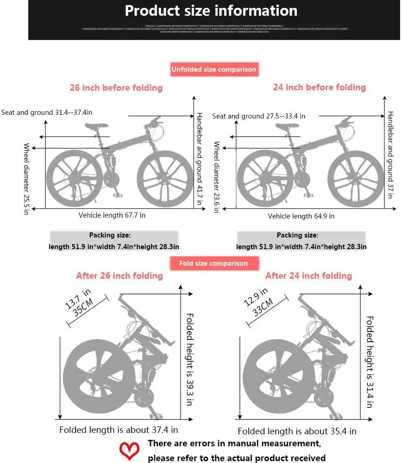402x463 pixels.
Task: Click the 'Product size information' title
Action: tap(211, 11)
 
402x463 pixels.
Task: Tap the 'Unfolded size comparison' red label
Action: tap(214, 69)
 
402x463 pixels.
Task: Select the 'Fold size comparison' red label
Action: tap(214, 263)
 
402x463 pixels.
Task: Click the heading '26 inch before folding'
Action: tap(116, 88)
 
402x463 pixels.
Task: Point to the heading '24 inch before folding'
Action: tap(319, 87)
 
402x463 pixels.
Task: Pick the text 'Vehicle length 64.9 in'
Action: tap(301, 216)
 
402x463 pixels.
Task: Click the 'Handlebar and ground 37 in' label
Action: tap(390, 155)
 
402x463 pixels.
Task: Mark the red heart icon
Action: tap(130, 450)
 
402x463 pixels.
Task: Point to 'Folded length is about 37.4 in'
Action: tap(119, 430)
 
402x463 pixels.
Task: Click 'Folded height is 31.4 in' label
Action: tap(370, 362)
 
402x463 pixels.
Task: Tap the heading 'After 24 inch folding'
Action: tap(308, 276)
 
